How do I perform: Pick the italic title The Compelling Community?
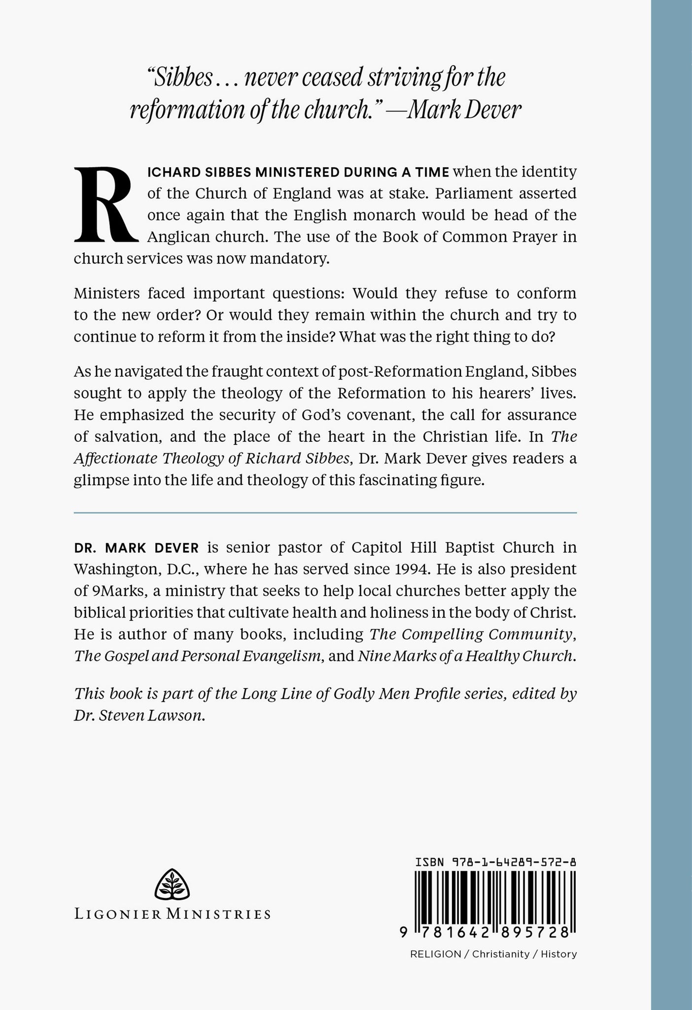pos(473,634)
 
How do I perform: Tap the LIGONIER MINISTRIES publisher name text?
pos(173,913)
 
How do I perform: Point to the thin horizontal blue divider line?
pos(325,513)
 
